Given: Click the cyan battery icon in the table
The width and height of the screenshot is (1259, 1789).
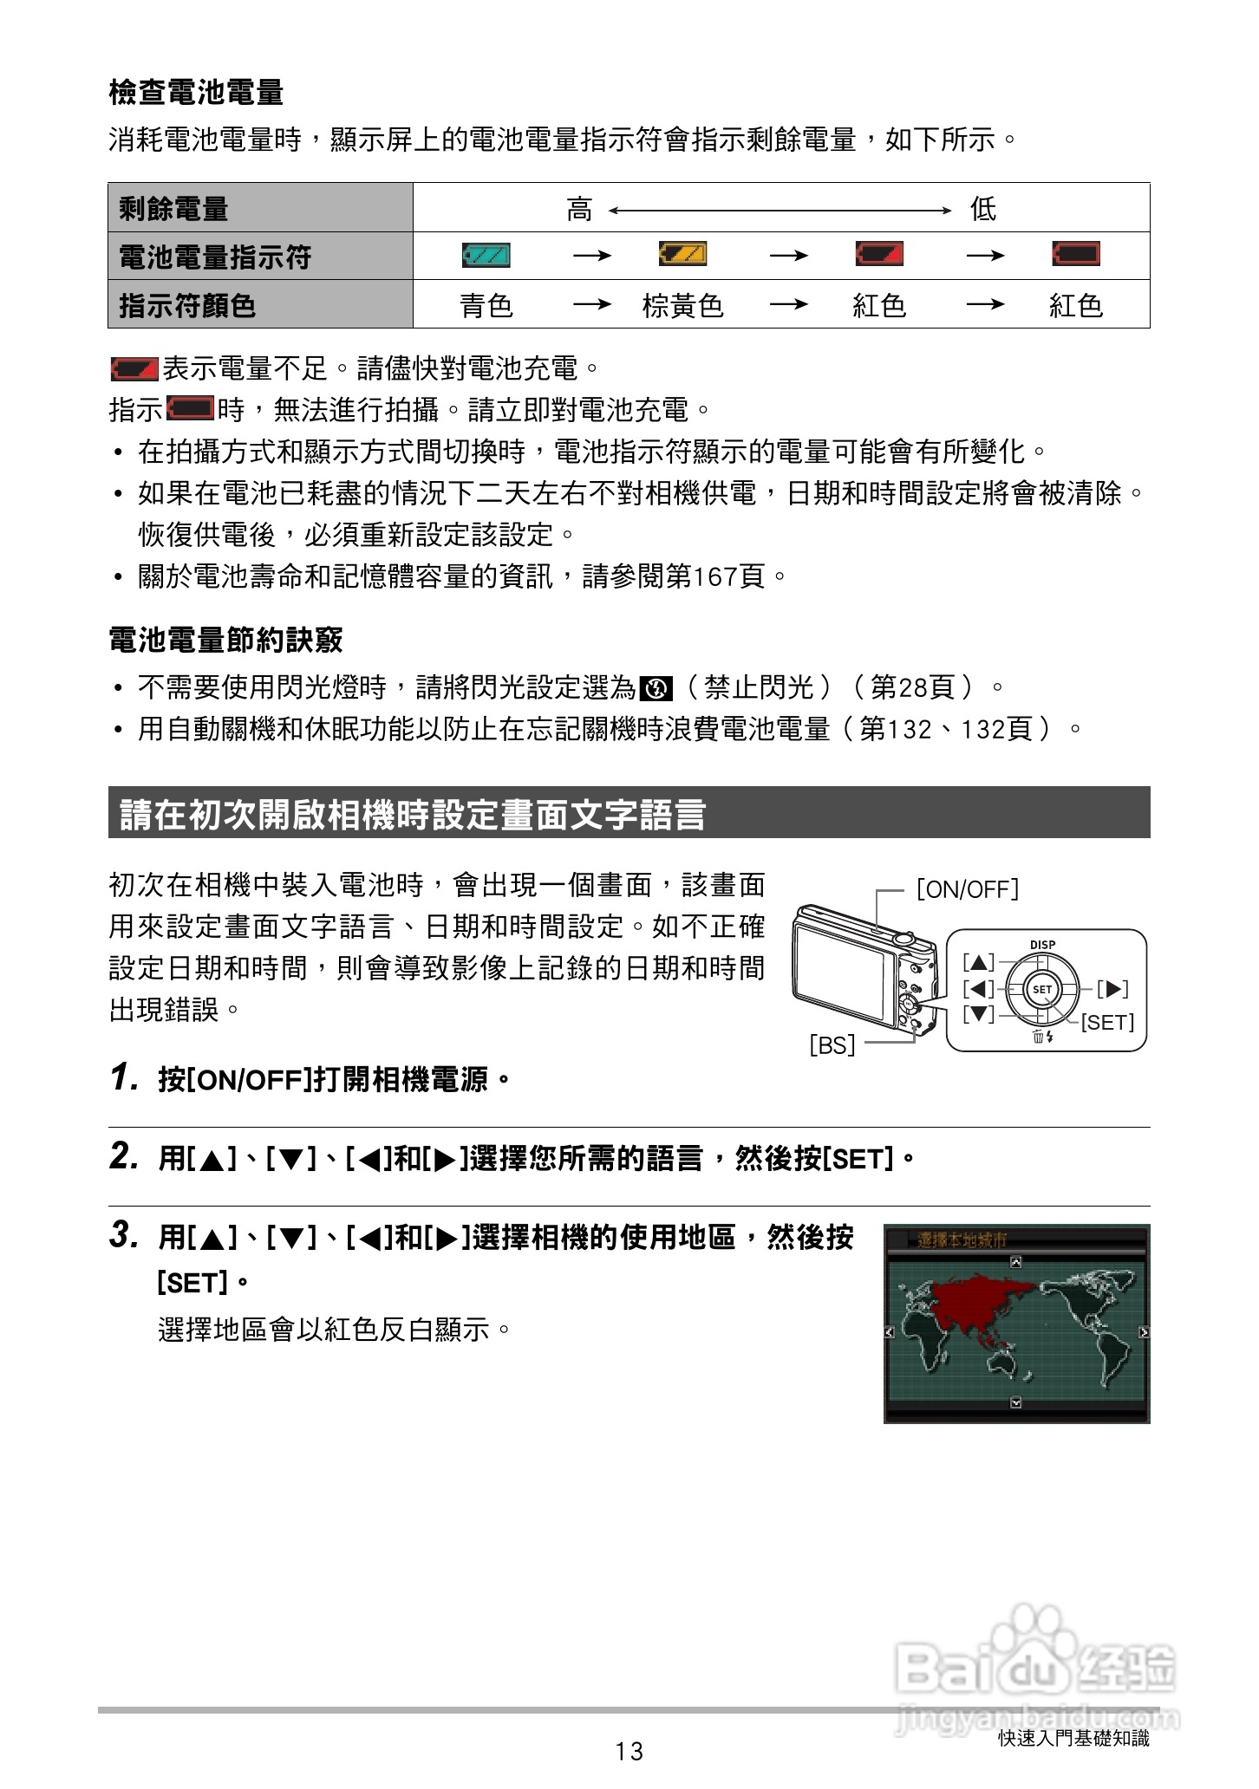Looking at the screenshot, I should click(x=486, y=255).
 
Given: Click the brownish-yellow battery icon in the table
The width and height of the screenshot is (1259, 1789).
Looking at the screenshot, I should click(x=682, y=254).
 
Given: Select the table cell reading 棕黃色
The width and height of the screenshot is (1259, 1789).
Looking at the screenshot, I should click(x=682, y=305).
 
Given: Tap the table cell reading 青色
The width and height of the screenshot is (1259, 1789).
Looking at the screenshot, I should click(x=486, y=305).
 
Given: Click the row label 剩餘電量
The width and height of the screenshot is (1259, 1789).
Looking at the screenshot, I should click(x=173, y=208).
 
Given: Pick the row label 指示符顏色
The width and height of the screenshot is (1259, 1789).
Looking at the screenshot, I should click(x=187, y=305).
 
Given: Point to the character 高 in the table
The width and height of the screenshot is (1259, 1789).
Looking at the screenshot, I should click(x=579, y=209).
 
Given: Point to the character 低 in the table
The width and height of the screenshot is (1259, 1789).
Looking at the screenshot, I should click(x=982, y=209).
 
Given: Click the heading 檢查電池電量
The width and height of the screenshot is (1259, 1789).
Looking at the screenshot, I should click(x=196, y=92).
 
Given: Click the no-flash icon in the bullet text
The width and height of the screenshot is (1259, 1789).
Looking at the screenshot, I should click(x=656, y=689).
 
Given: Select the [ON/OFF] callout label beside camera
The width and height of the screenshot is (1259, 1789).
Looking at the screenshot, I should click(x=967, y=889).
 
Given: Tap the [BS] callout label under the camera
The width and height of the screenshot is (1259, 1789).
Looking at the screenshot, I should click(x=832, y=1045).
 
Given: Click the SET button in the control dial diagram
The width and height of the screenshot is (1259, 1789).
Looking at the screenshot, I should click(x=1041, y=989).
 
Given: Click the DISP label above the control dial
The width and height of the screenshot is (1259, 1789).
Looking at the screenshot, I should click(x=1042, y=945).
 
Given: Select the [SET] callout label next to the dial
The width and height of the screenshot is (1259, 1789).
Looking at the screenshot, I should click(x=1106, y=1023).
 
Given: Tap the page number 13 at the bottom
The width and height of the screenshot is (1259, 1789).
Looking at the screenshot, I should click(x=629, y=1752).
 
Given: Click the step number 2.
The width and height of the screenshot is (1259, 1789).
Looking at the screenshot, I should click(x=124, y=1156).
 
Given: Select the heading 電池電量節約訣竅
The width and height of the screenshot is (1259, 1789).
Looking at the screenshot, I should click(x=225, y=640).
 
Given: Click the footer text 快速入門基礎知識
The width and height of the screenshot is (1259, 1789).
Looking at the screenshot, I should click(x=1073, y=1738).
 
